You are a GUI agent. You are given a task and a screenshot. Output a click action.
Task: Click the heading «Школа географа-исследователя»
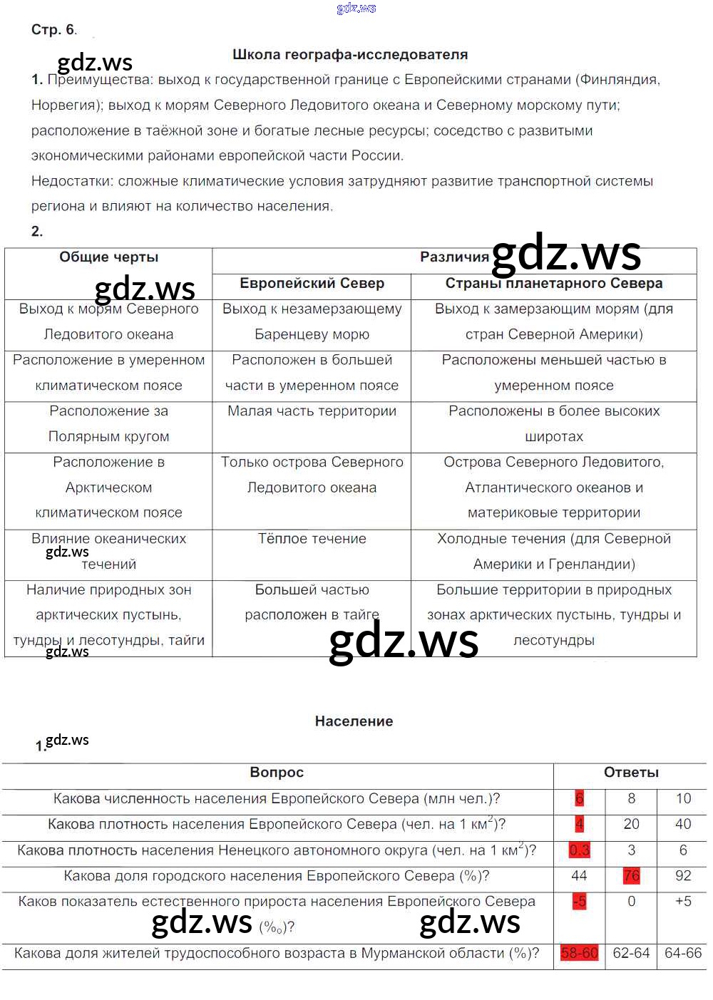pos(350,55)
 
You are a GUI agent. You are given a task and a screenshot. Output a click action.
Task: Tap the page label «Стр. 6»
pos(53,30)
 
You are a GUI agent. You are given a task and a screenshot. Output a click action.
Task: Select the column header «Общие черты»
pos(108,257)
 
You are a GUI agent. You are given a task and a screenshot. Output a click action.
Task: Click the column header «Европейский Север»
pos(312,284)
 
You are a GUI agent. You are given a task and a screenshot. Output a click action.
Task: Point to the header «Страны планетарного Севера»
pos(553,284)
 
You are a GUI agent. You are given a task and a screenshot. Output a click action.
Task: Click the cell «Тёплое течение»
pos(312,539)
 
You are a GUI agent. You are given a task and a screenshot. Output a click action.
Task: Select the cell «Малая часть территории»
pos(312,411)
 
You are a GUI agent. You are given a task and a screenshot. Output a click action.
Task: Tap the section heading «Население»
pos(354,721)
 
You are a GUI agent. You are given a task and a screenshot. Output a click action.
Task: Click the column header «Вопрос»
pos(277,773)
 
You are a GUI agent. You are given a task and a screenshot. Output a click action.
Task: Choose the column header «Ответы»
pos(631,773)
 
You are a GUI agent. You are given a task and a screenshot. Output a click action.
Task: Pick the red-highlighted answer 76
pos(631,876)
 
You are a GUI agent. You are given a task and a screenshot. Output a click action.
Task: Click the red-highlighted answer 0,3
pos(579,850)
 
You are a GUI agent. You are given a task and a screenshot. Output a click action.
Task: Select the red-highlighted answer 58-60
pos(579,954)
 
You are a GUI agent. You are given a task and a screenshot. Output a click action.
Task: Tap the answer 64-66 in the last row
pos(682,954)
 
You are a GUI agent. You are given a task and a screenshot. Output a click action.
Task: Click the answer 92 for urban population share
pos(682,876)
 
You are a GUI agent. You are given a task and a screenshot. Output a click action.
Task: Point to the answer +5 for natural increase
pos(682,902)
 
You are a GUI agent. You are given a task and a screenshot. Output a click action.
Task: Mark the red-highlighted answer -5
pos(579,902)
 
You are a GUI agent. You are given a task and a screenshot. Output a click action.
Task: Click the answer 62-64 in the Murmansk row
pos(631,954)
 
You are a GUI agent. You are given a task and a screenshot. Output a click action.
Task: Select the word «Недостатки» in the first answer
pos(71,182)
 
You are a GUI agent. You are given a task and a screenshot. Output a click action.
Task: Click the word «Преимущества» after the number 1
pos(99,80)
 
